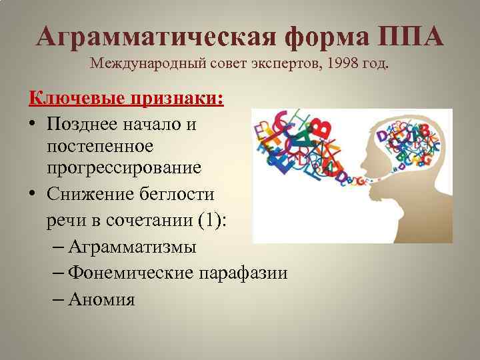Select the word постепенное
[x=100, y=145]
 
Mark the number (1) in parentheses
[x=213, y=219]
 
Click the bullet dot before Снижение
[x=33, y=195]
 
